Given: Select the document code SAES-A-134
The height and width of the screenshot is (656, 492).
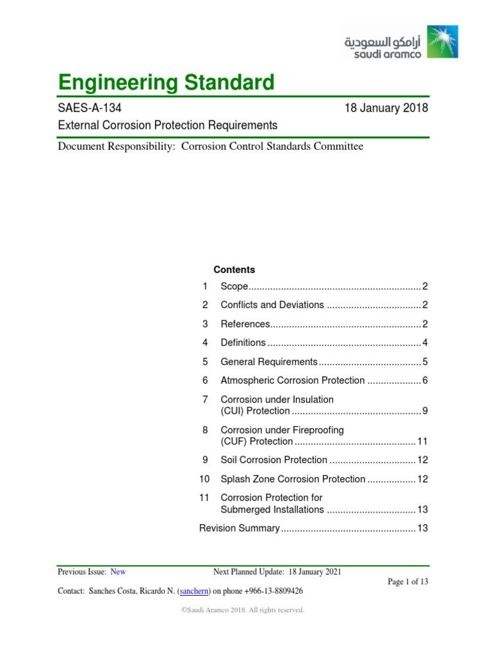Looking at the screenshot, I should [88, 108].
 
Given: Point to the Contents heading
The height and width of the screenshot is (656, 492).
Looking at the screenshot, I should [234, 270].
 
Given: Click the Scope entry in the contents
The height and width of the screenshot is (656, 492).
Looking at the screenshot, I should [234, 286].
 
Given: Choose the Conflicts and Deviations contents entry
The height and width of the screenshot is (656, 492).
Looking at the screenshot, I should [272, 305].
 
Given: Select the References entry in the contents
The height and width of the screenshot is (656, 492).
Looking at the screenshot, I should [245, 324].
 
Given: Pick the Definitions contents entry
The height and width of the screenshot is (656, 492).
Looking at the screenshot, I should [243, 343].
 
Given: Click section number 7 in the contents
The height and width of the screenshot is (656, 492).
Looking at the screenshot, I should [205, 399].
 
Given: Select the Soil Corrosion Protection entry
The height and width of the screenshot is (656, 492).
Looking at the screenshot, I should [274, 460].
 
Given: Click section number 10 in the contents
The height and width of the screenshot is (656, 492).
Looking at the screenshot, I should [204, 479].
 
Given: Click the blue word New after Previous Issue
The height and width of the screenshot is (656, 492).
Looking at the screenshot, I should [119, 571].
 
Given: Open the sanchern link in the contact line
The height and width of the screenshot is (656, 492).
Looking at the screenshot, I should [193, 591].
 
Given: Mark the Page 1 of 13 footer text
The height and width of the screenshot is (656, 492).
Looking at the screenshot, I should [408, 582].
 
